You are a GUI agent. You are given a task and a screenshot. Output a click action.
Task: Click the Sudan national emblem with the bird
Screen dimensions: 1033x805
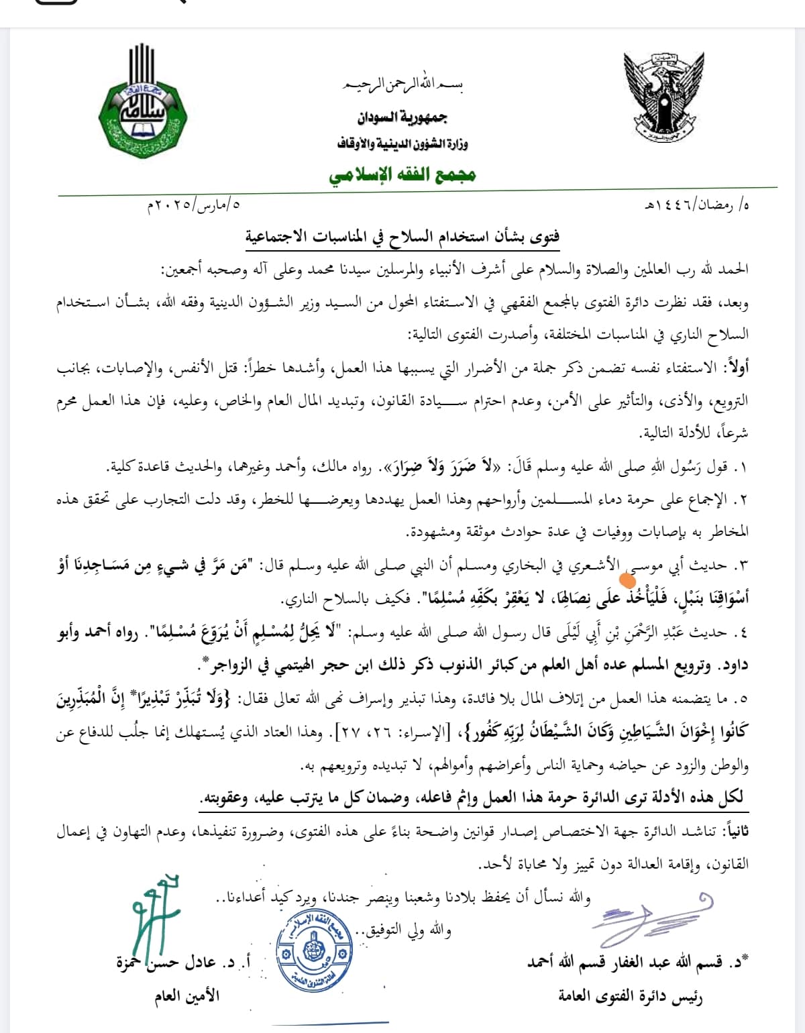tap(664, 95)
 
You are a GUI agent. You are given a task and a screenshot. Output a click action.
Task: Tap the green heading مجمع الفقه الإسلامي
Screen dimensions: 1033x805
tap(402, 175)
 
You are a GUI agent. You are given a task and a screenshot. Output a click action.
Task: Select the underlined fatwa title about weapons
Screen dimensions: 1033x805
tap(402, 237)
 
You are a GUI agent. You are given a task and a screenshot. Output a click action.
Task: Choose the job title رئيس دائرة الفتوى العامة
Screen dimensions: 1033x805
tap(631, 996)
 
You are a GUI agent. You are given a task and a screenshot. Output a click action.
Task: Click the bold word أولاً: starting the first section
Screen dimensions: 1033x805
tap(734, 368)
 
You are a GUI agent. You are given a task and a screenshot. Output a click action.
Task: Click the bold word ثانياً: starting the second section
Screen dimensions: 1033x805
tap(733, 831)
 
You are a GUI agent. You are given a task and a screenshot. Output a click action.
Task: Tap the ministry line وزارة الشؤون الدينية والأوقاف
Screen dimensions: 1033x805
tap(402, 144)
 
